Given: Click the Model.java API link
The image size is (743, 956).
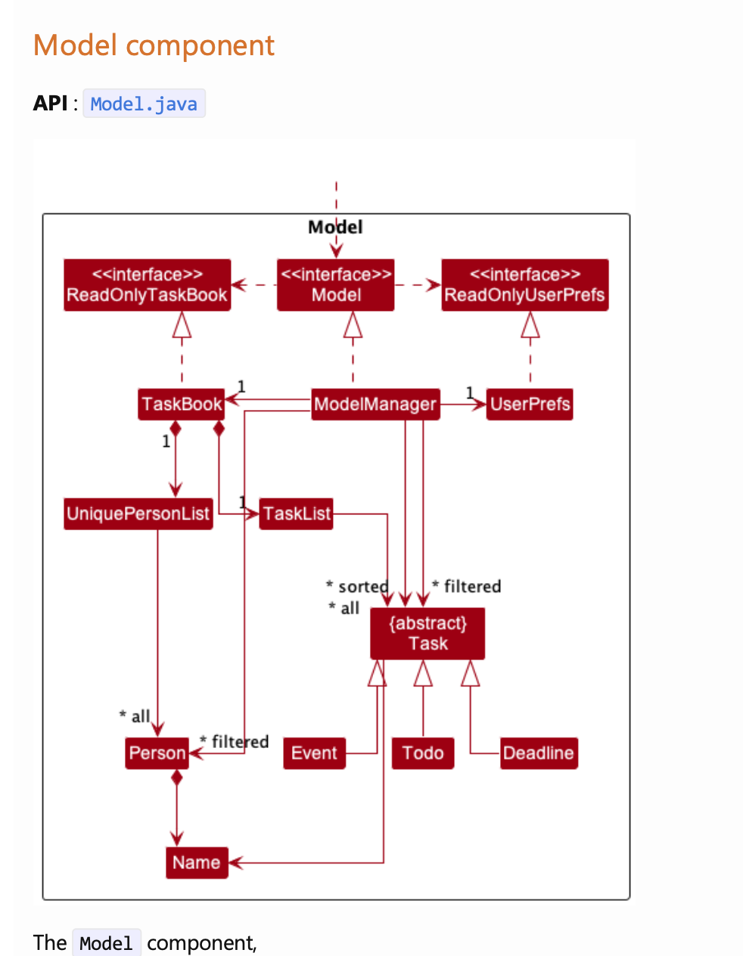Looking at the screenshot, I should click(x=144, y=104).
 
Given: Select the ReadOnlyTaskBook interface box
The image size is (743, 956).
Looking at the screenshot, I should click(x=147, y=285).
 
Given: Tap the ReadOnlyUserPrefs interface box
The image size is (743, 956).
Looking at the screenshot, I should click(x=524, y=285).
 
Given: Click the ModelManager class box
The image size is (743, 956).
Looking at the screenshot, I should click(x=375, y=404).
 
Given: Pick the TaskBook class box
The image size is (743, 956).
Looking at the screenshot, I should click(x=182, y=404).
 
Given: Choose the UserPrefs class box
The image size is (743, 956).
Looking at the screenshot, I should click(x=530, y=404).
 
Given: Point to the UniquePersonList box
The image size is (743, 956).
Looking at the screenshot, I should click(x=138, y=514).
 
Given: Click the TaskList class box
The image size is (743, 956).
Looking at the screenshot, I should click(x=296, y=514).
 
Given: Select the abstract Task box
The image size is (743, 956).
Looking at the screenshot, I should click(x=427, y=634).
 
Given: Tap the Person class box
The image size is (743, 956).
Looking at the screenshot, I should click(x=157, y=753).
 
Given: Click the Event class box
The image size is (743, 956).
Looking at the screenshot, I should click(x=314, y=753).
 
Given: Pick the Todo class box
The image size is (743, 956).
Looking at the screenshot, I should click(x=422, y=753).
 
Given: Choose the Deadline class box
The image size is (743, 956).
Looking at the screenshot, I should click(x=539, y=753).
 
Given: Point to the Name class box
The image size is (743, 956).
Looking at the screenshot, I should click(x=197, y=863).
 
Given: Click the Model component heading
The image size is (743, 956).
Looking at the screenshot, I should click(x=154, y=45).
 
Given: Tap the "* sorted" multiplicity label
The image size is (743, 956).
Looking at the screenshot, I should click(x=357, y=587).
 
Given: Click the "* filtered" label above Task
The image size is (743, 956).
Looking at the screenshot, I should click(x=467, y=587).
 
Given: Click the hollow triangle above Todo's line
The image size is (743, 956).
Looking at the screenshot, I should click(x=423, y=673).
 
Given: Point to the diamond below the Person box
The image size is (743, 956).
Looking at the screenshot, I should click(x=177, y=778).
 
